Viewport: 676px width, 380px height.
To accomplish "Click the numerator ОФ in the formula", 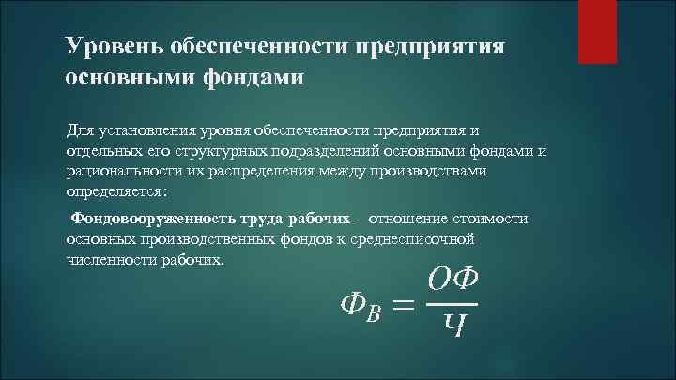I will (453, 279).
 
